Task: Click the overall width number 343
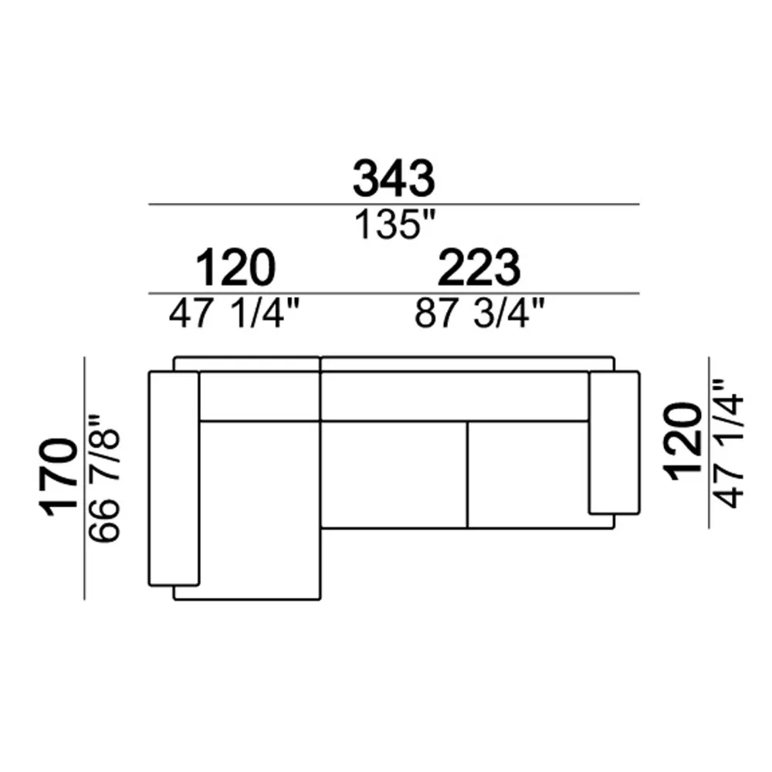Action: point(394,178)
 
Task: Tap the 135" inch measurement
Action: point(395,225)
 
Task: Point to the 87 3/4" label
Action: point(479,313)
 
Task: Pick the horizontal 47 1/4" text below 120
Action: point(234,313)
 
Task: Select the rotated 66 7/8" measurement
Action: point(104,479)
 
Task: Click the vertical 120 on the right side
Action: point(683,441)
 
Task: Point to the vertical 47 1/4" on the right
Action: point(728,443)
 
